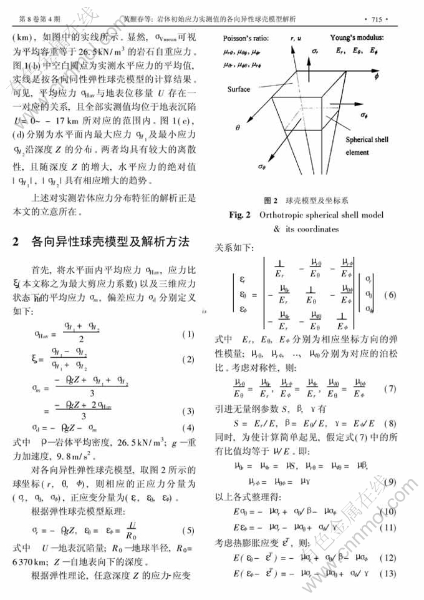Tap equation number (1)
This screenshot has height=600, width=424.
tap(188, 335)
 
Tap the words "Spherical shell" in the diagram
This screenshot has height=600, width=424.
tap(367, 140)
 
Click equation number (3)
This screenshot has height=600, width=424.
tap(188, 412)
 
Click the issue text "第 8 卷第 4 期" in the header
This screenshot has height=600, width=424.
tap(39, 12)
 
